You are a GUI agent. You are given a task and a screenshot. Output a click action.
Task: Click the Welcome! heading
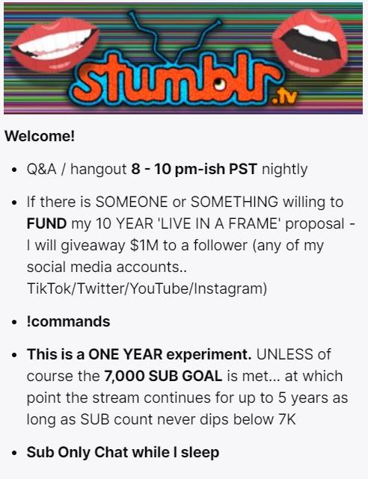click(x=40, y=136)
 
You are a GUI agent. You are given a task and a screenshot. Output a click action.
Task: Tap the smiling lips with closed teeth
click(x=55, y=44)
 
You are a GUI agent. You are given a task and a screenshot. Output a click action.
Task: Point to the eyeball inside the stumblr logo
click(x=219, y=83)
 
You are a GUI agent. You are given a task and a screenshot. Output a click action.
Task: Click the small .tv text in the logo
click(x=285, y=97)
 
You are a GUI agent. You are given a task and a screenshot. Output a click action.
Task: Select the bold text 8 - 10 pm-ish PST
click(x=194, y=169)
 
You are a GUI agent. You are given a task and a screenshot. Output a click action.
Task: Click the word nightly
click(x=284, y=170)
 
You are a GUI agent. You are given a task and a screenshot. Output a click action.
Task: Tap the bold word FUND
click(x=46, y=223)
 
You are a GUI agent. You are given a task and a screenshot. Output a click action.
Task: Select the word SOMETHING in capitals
click(x=234, y=202)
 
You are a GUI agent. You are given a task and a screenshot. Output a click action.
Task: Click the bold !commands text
click(x=69, y=321)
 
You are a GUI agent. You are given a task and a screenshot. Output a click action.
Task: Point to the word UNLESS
click(x=284, y=354)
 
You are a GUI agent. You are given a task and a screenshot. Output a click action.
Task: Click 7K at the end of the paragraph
click(x=287, y=419)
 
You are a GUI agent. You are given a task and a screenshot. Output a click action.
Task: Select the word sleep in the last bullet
click(x=200, y=452)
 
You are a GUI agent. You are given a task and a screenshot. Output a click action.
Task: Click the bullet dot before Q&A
click(x=13, y=170)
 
